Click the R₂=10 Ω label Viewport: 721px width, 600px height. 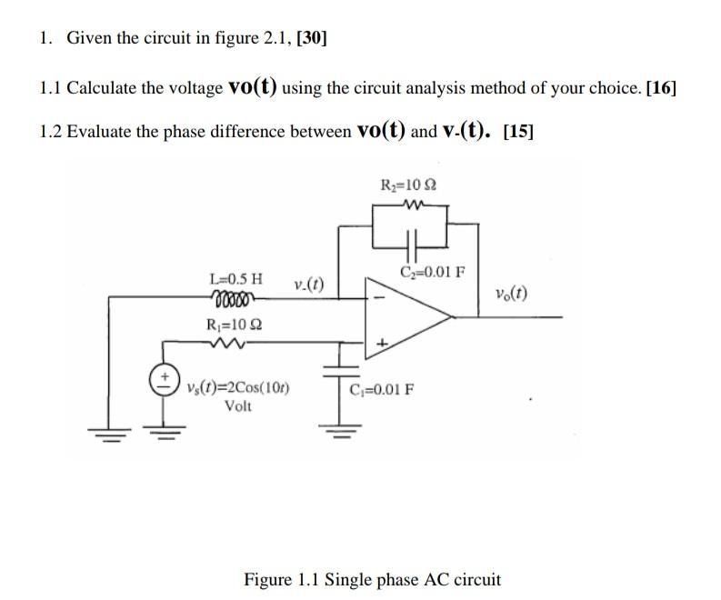point(409,185)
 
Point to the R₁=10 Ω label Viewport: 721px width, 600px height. point(235,325)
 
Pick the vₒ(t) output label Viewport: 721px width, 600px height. point(512,294)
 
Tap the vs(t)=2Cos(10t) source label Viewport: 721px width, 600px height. point(238,388)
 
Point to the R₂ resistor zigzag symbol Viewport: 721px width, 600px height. point(409,205)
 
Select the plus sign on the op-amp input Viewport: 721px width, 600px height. point(382,343)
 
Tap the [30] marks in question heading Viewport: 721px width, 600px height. point(312,37)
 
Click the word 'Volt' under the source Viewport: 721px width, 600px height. point(238,405)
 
